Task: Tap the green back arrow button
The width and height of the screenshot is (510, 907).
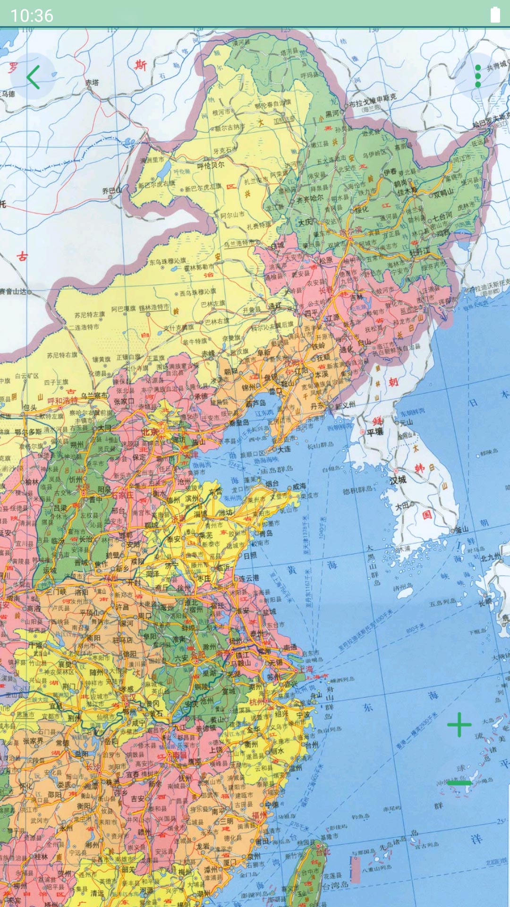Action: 33,77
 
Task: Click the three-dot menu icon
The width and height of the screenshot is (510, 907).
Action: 478,76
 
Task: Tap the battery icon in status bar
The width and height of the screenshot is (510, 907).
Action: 495,15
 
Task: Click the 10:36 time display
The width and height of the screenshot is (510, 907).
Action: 32,16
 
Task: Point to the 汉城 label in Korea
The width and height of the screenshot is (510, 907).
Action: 398,479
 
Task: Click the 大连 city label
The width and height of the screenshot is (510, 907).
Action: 284,449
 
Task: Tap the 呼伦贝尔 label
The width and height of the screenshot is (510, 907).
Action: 211,166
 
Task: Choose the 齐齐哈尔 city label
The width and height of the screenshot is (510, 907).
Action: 310,199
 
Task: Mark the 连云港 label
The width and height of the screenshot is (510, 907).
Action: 248,578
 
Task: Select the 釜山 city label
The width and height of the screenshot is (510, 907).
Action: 462,529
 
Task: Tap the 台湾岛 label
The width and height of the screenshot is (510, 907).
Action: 335,886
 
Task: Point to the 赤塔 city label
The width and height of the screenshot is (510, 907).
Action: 92,83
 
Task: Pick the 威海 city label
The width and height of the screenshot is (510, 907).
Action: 299,486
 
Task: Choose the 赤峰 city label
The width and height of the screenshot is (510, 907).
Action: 208,353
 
